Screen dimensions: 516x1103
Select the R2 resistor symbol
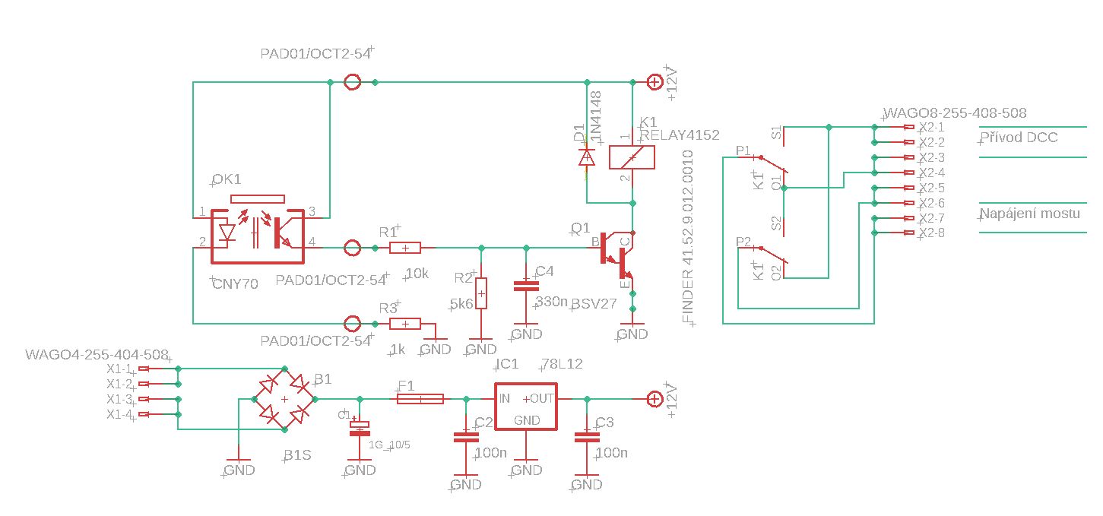pos(481,293)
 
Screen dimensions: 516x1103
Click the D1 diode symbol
pos(586,157)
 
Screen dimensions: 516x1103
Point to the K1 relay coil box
pos(632,157)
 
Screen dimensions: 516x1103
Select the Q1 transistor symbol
pos(617,258)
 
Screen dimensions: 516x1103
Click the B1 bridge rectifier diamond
pos(284,398)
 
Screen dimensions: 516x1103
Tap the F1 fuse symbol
pos(420,398)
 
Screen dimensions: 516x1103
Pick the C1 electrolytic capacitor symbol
pos(359,427)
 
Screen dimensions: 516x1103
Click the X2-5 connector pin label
pos(931,188)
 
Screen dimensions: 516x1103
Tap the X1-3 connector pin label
pos(119,399)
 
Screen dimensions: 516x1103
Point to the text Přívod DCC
pos(1019,138)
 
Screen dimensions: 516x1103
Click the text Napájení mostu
pos(1030,214)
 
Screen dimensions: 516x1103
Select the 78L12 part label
pos(562,364)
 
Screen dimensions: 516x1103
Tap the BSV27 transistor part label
pos(594,302)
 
